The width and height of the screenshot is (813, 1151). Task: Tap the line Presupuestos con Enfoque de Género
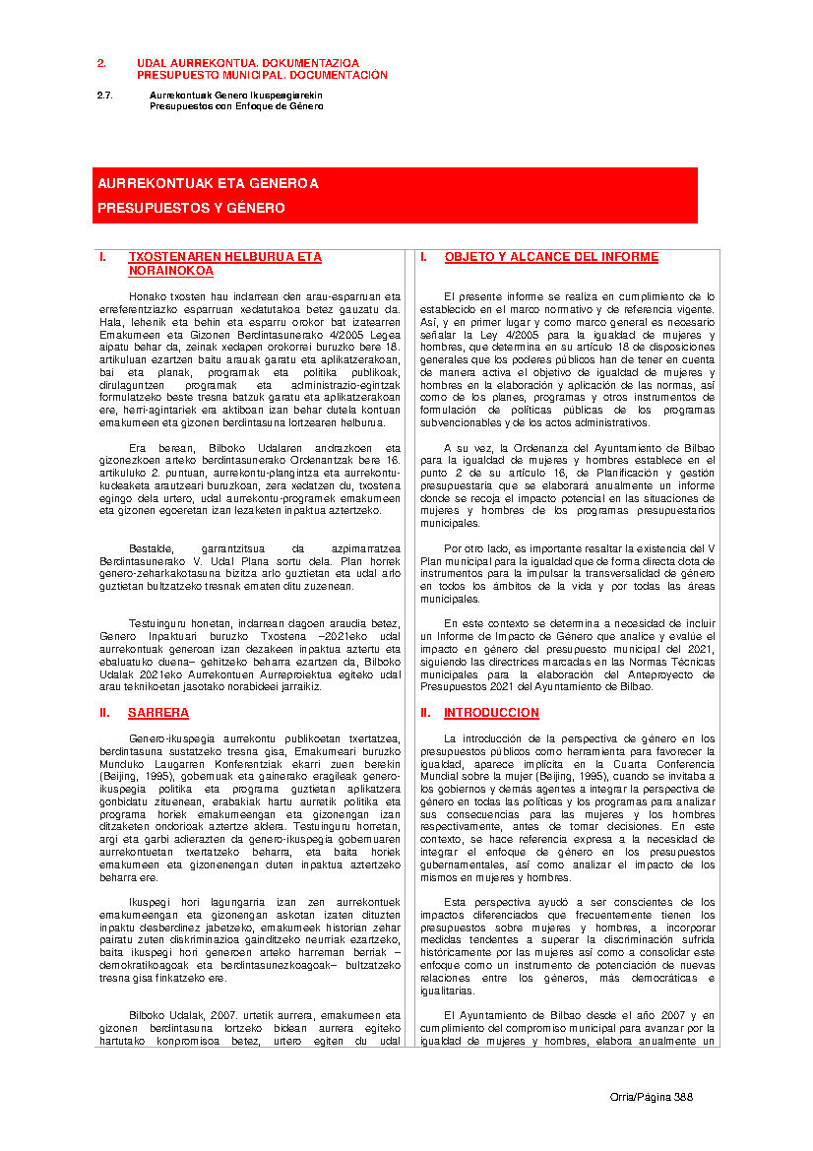[236, 105]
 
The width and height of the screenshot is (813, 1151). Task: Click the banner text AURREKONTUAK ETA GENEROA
[208, 184]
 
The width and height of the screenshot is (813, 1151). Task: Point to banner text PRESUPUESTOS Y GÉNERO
[191, 209]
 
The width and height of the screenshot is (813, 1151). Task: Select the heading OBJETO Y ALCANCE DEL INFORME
[551, 257]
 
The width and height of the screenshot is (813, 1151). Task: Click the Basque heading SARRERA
[158, 712]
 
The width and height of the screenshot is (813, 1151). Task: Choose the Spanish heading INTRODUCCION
[491, 712]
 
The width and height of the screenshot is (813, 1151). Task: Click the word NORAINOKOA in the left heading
[170, 270]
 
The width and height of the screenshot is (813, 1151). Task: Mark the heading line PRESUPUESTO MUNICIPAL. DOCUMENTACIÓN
[262, 75]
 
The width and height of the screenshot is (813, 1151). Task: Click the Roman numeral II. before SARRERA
[104, 712]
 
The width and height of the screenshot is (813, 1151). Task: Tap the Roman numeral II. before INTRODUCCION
[425, 712]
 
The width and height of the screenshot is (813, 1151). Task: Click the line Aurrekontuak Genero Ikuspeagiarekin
[235, 96]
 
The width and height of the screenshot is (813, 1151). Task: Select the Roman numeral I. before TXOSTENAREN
[102, 257]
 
